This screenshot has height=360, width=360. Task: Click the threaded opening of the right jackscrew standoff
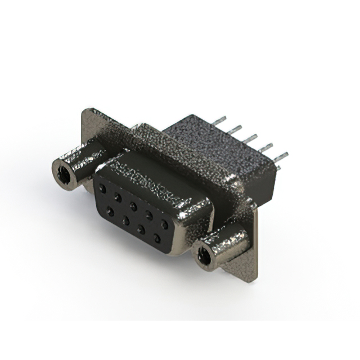205,255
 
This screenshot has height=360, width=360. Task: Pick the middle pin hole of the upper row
133,205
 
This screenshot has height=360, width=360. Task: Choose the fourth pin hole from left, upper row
148,214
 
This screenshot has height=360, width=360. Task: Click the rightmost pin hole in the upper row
164,223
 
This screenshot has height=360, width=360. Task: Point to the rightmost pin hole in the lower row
156,238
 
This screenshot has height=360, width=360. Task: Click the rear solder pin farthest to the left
220,119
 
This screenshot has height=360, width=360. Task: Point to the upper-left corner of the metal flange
85,111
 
